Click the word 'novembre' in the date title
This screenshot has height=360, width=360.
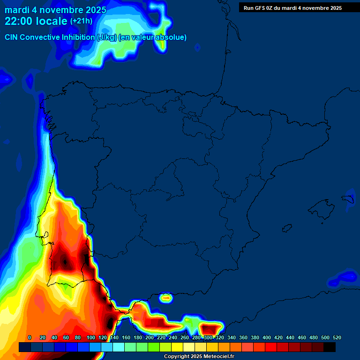[59, 10]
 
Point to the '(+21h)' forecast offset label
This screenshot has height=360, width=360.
[81, 21]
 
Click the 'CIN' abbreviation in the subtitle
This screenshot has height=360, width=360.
[12, 37]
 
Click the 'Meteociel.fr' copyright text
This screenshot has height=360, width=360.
[215, 357]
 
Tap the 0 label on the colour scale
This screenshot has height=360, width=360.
[30, 337]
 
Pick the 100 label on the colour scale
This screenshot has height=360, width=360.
[91, 337]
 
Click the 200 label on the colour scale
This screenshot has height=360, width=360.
[150, 337]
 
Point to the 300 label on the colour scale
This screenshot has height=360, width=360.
[208, 337]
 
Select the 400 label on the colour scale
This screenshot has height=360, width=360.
[267, 337]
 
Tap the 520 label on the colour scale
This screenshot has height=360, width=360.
[337, 337]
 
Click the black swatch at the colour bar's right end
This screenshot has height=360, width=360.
[330, 347]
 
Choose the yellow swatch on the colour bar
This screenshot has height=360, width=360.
[177, 347]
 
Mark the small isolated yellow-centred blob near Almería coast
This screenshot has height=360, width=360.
[166, 297]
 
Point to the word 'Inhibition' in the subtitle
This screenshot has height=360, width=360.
[78, 37]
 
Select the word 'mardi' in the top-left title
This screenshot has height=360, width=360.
[15, 10]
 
